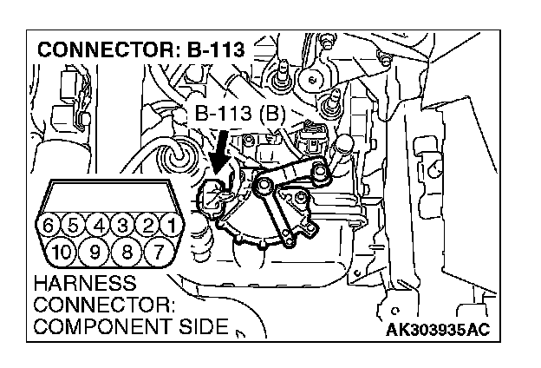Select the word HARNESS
click(83, 285)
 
